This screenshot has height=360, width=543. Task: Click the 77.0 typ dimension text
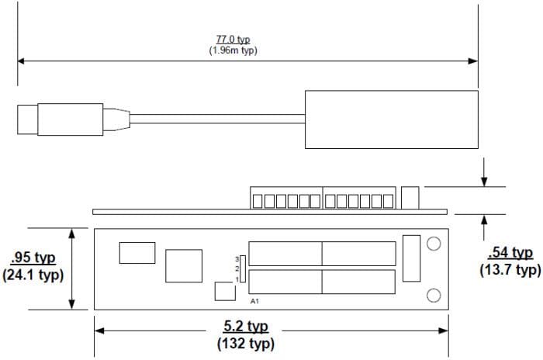point(233,39)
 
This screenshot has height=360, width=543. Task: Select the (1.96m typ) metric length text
point(233,50)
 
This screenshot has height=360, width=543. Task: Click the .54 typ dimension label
point(510,253)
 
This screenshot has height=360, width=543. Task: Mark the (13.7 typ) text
point(510,270)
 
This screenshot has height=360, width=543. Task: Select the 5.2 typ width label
point(246,327)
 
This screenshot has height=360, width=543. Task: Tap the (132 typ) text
point(246,344)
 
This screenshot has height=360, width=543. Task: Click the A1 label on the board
point(254,300)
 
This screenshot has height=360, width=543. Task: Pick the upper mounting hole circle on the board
point(434,244)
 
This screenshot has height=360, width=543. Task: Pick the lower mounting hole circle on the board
point(434,295)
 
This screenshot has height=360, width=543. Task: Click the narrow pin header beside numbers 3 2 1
point(242,268)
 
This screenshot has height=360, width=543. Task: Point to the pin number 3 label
point(236,258)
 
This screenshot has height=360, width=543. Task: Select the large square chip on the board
point(184,266)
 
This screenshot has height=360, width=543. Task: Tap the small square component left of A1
point(225,292)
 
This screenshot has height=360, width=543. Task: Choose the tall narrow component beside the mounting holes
point(411,258)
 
